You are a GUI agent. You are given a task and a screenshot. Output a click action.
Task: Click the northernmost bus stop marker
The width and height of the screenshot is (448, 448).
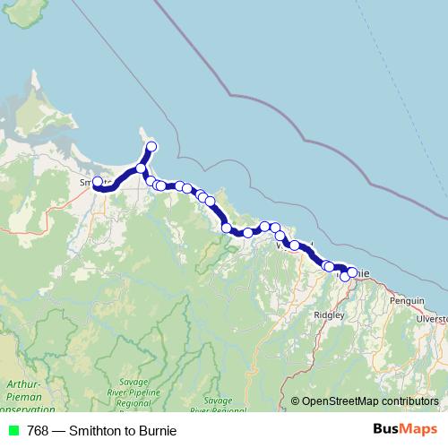[x=151, y=146]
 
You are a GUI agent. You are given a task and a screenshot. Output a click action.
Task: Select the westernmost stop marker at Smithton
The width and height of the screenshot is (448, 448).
[x=98, y=182]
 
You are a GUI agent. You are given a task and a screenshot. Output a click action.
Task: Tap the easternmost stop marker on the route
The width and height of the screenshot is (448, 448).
[x=352, y=272]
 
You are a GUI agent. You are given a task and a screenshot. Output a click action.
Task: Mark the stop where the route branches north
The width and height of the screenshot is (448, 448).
[x=141, y=168]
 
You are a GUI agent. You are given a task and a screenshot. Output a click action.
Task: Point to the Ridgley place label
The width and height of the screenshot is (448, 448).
[x=330, y=314]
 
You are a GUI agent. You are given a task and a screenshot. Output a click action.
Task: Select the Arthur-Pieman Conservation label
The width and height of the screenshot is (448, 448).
[x=20, y=395]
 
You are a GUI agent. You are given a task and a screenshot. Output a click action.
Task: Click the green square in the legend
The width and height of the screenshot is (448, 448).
[x=13, y=430]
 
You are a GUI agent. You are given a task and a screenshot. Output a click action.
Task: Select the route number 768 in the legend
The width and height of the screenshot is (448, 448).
[x=39, y=430]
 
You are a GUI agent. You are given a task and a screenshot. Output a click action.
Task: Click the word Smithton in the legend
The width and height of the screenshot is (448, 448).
[x=88, y=430]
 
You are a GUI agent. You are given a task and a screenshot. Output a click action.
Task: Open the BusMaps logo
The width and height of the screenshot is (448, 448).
[x=404, y=429]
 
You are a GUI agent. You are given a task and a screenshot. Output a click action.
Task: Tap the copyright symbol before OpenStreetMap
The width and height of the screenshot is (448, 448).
[x=295, y=401]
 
